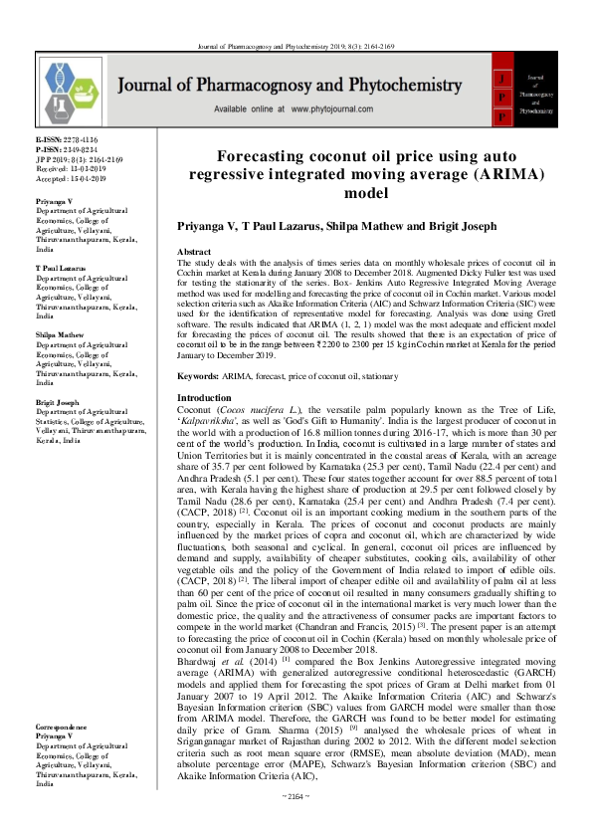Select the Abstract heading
tap(193, 253)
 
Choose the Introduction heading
tap(203, 397)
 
